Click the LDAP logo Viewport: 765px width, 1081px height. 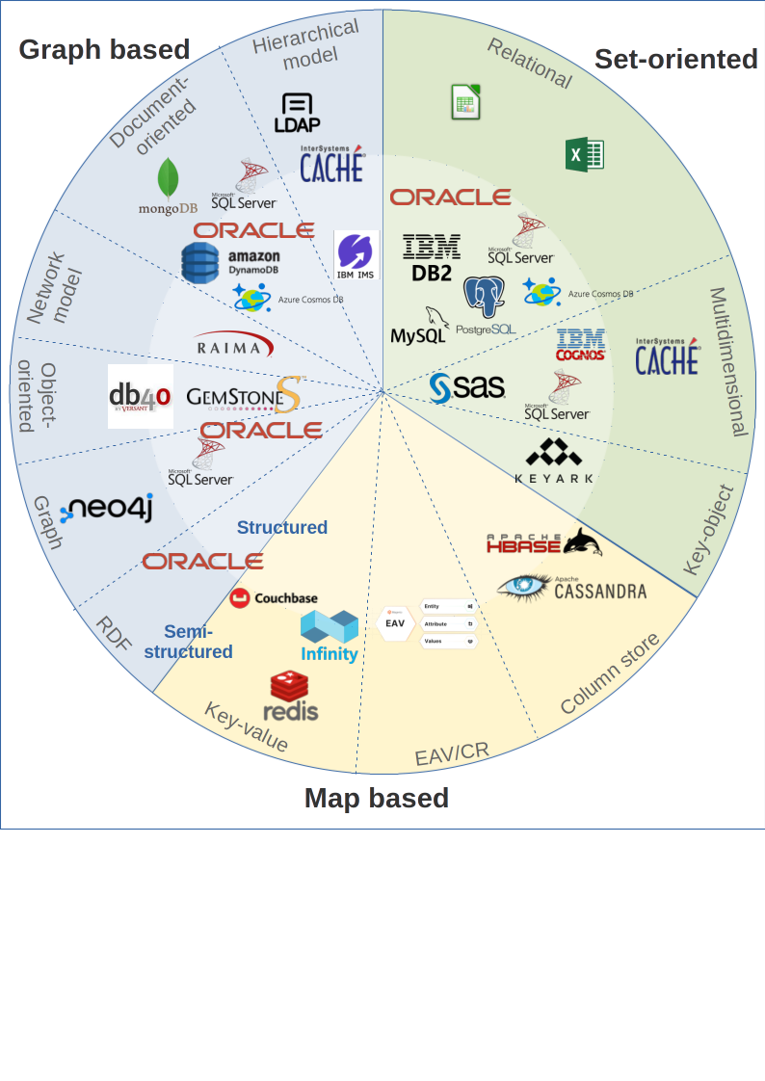(x=297, y=113)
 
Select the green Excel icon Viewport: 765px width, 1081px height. (x=584, y=154)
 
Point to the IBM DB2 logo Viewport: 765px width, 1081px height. (x=431, y=257)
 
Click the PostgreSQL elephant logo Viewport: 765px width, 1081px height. (x=486, y=297)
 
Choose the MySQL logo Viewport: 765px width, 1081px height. (x=421, y=327)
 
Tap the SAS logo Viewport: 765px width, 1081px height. (x=467, y=387)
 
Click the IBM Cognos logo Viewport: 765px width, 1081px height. (x=581, y=345)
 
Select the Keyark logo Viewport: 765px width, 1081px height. (x=554, y=460)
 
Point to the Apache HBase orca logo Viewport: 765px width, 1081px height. (x=544, y=542)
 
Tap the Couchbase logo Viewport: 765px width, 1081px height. (x=274, y=598)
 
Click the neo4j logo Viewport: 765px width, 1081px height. (x=106, y=511)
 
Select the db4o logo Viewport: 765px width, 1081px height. (x=140, y=396)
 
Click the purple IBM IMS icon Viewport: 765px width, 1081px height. (x=356, y=255)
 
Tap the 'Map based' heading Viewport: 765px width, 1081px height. (x=376, y=799)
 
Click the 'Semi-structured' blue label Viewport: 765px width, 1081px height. (x=189, y=642)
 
